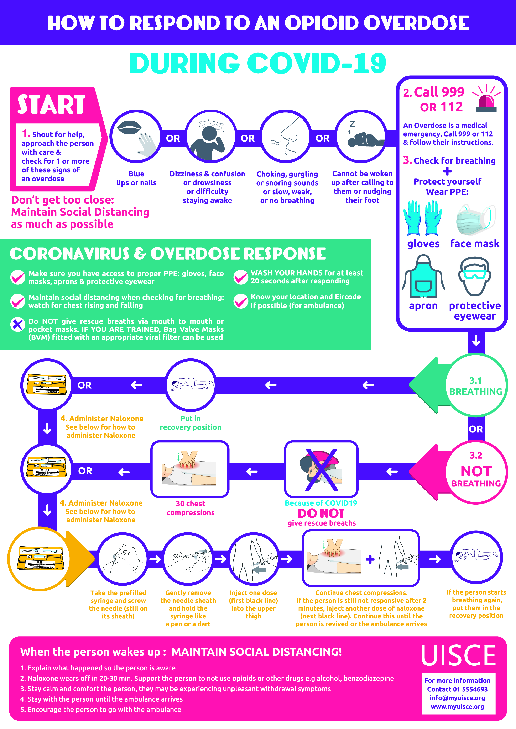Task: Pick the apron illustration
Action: [423, 276]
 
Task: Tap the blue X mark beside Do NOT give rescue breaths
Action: [18, 324]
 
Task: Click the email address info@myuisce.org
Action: [457, 698]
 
